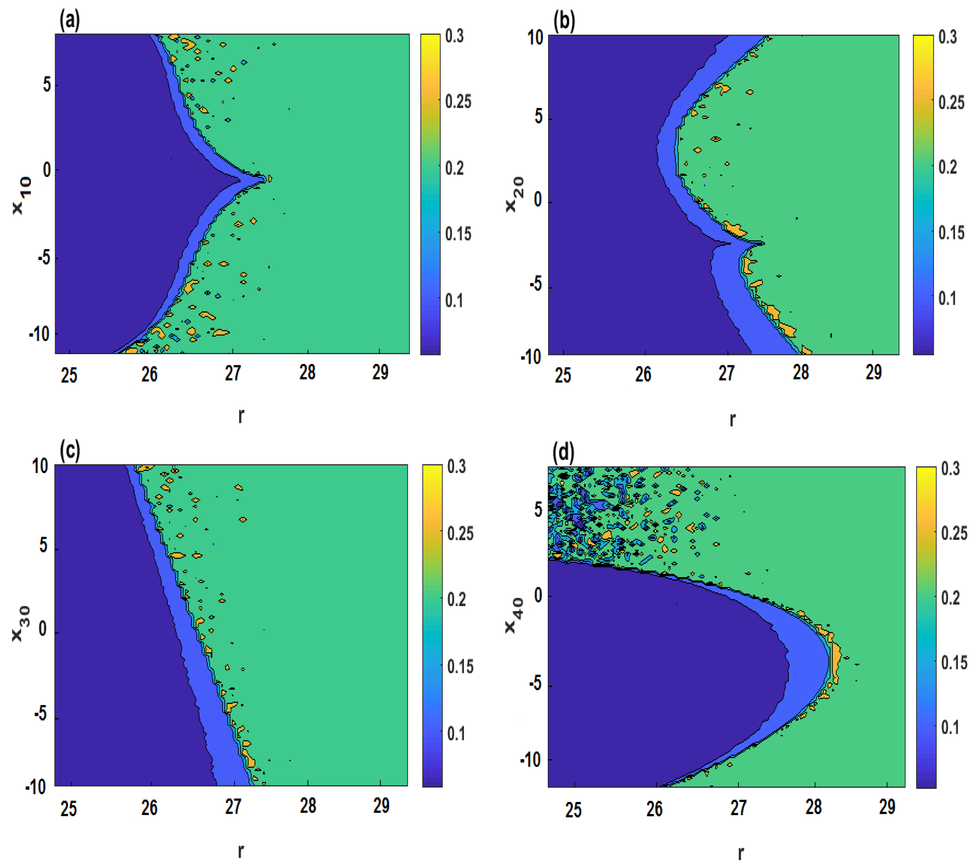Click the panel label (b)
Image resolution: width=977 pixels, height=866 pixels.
[x=564, y=21]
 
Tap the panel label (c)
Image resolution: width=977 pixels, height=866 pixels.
[x=70, y=451]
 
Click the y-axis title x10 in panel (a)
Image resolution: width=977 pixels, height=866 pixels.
[x=21, y=195]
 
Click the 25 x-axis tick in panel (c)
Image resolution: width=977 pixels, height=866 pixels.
[x=69, y=808]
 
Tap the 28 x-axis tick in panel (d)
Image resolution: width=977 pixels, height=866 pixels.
[x=814, y=807]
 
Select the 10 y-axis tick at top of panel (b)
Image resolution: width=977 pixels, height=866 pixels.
[x=535, y=37]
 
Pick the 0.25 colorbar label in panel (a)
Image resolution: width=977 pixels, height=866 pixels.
[x=458, y=101]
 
